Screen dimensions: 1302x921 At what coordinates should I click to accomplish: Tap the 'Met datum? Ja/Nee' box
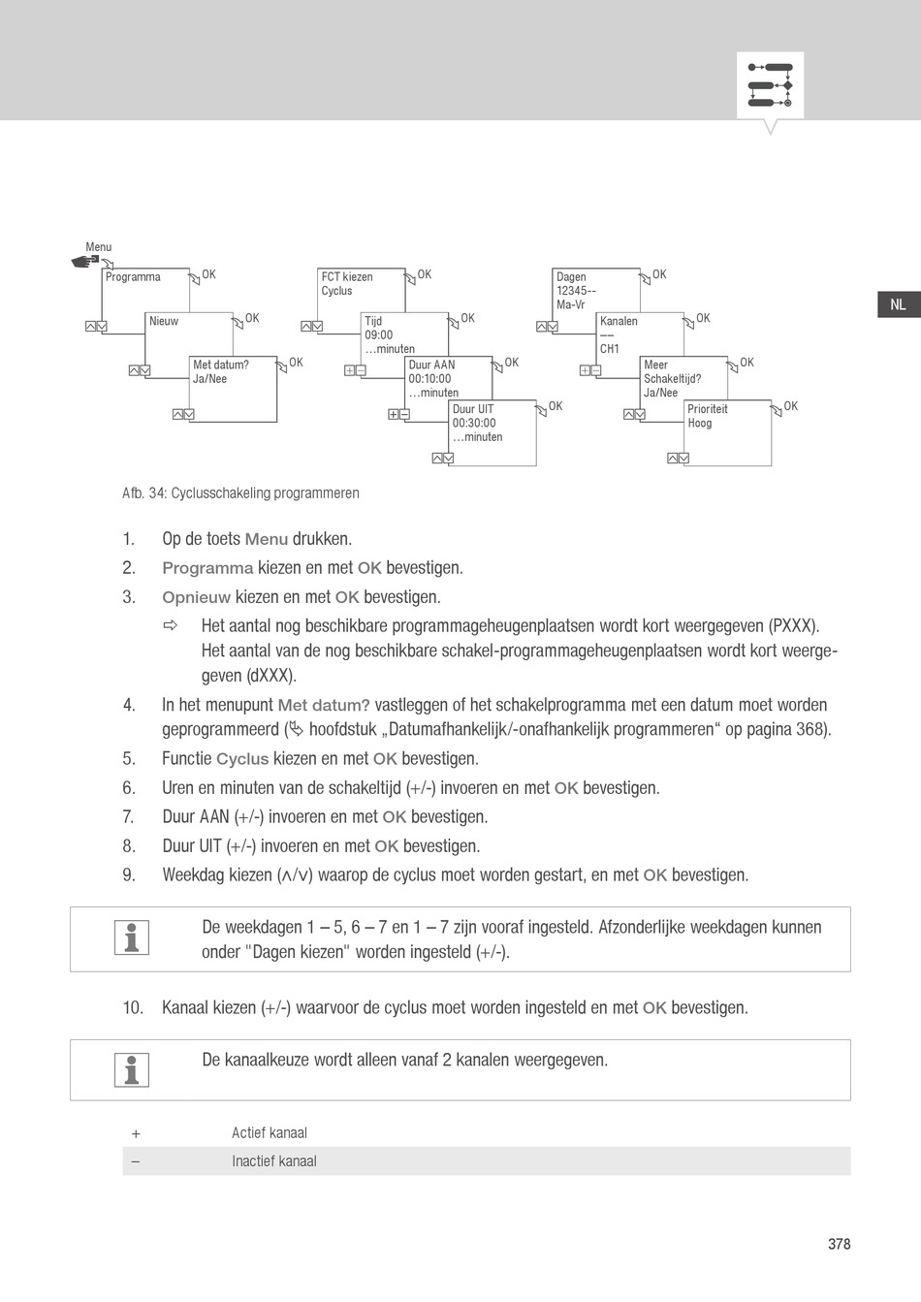234,388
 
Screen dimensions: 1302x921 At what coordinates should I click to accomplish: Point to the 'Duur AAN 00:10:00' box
449,378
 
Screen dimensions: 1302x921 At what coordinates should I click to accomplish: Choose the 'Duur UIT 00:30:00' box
492,431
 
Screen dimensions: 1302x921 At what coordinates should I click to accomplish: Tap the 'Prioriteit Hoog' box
728,431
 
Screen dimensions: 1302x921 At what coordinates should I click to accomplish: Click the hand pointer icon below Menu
85,261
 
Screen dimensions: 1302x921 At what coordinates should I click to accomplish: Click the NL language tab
898,304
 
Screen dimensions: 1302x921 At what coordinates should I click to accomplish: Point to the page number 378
839,1244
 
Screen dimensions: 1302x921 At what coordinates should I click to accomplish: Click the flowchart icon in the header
770,85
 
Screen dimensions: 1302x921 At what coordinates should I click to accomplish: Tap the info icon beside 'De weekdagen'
132,937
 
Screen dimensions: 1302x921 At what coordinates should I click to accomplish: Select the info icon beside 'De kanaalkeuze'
132,1069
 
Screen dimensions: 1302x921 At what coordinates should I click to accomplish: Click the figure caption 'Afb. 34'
240,492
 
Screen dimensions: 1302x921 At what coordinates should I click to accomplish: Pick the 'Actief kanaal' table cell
270,1132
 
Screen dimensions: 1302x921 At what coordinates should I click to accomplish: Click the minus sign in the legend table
136,1161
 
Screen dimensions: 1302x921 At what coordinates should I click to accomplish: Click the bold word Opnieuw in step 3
196,597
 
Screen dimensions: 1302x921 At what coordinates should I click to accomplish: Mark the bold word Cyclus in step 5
241,759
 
